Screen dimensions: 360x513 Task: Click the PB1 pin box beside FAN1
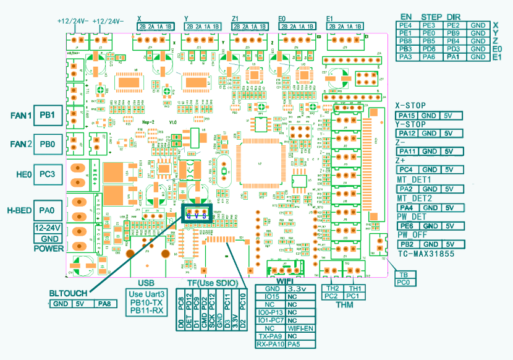[x=48, y=116]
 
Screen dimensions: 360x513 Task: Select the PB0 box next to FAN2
[x=48, y=144]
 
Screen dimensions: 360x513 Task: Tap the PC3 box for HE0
[x=48, y=174]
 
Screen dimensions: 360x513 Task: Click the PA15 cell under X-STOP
[x=406, y=116]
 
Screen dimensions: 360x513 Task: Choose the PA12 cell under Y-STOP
[x=406, y=134]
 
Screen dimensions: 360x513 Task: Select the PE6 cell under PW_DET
[x=406, y=226]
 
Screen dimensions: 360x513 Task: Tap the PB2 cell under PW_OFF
[x=406, y=244]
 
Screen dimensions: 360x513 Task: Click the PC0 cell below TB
[x=403, y=282]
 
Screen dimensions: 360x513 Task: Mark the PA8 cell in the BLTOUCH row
[x=104, y=304]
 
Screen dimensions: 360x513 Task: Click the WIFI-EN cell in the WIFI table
[x=299, y=328]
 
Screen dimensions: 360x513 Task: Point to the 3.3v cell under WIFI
[x=299, y=289]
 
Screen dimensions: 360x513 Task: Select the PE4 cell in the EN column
[x=406, y=25]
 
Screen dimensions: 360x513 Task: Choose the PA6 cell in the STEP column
[x=430, y=57]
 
